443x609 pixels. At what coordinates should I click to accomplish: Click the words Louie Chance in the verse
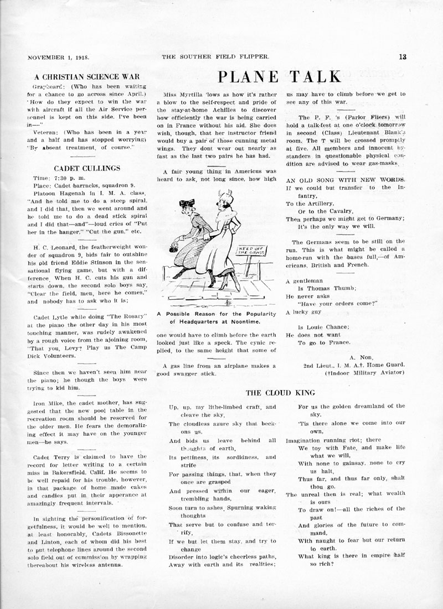tap(321, 326)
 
